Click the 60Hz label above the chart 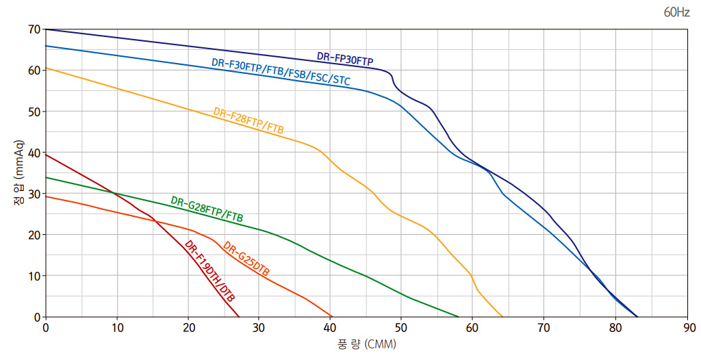tap(676, 13)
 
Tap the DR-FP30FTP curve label tap(345, 60)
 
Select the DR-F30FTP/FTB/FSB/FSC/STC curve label tap(281, 72)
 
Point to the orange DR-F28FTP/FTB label tap(248, 120)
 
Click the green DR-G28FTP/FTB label tap(207, 209)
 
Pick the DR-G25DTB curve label tap(246, 260)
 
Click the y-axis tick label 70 tap(34, 29)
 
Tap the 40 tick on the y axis tap(34, 153)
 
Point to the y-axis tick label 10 tap(34, 276)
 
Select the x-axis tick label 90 tap(687, 328)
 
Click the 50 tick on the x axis tap(402, 328)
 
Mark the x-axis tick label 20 tap(188, 328)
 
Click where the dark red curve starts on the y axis tap(46, 155)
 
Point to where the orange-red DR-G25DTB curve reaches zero tap(331, 317)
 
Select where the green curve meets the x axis tap(459, 317)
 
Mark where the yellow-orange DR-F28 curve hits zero tap(502, 317)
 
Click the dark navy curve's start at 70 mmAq tap(46, 29)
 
